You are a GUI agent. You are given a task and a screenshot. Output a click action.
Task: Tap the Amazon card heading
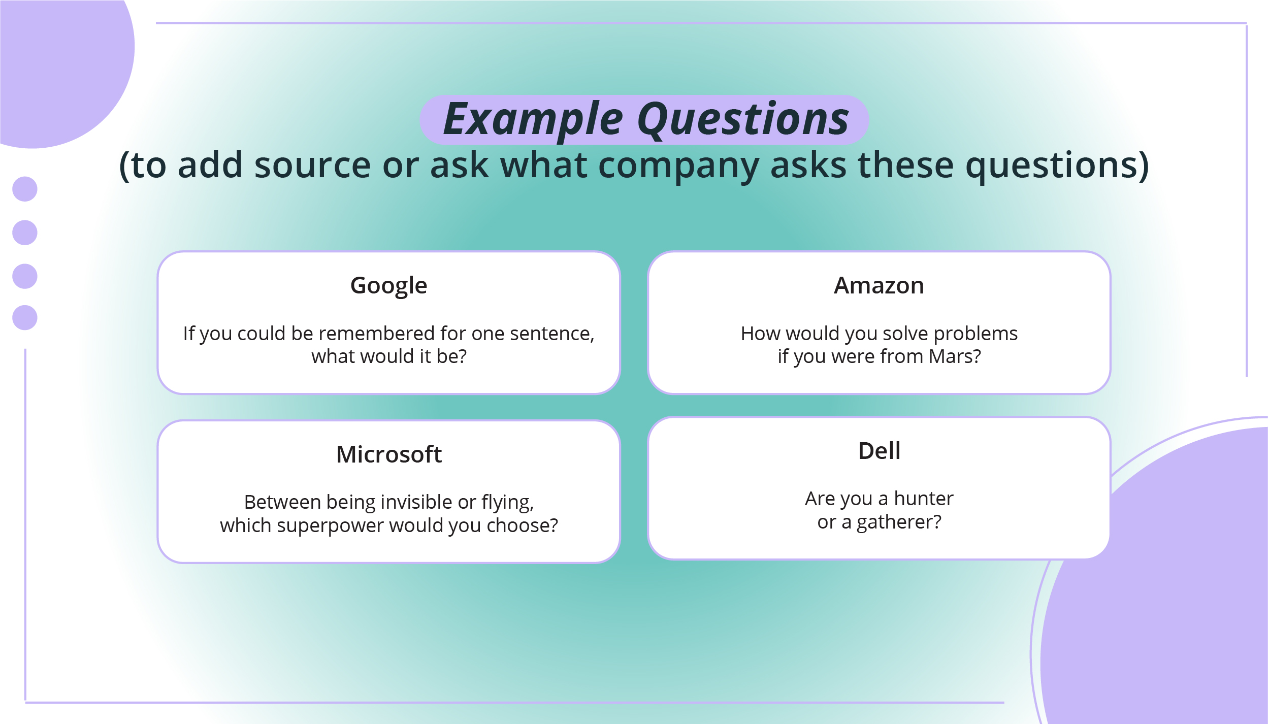coord(879,285)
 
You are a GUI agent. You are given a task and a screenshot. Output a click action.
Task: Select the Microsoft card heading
coord(389,454)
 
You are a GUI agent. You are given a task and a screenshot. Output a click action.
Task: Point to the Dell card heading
coord(880,451)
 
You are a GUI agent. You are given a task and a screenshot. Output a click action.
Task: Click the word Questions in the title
coord(742,120)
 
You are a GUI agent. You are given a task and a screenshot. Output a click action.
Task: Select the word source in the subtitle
coord(312,166)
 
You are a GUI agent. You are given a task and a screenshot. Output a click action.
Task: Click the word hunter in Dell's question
coord(924,499)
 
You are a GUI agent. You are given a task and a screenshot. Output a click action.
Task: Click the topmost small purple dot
coord(25,189)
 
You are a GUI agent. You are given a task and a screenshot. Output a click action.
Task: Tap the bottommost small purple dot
coord(25,318)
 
